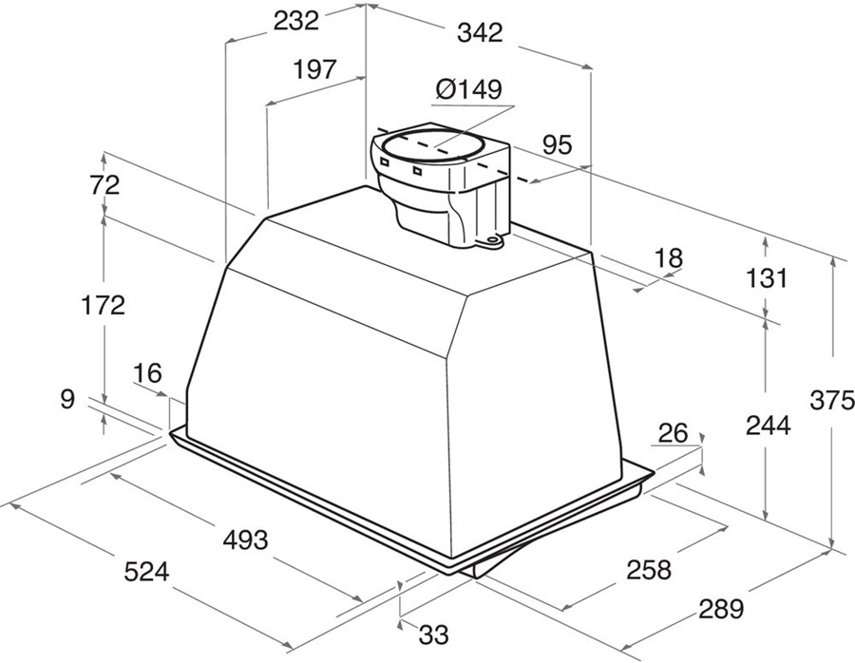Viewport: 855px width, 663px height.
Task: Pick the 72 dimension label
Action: [x=105, y=186]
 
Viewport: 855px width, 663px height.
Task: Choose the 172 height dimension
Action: [x=103, y=306]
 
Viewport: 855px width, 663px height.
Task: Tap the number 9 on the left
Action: [x=66, y=399]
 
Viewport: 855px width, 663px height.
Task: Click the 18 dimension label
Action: [x=669, y=256]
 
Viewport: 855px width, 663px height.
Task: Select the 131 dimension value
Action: [x=767, y=278]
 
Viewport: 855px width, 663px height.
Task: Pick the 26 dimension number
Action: [x=673, y=434]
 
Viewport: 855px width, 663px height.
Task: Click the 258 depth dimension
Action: [x=648, y=570]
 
